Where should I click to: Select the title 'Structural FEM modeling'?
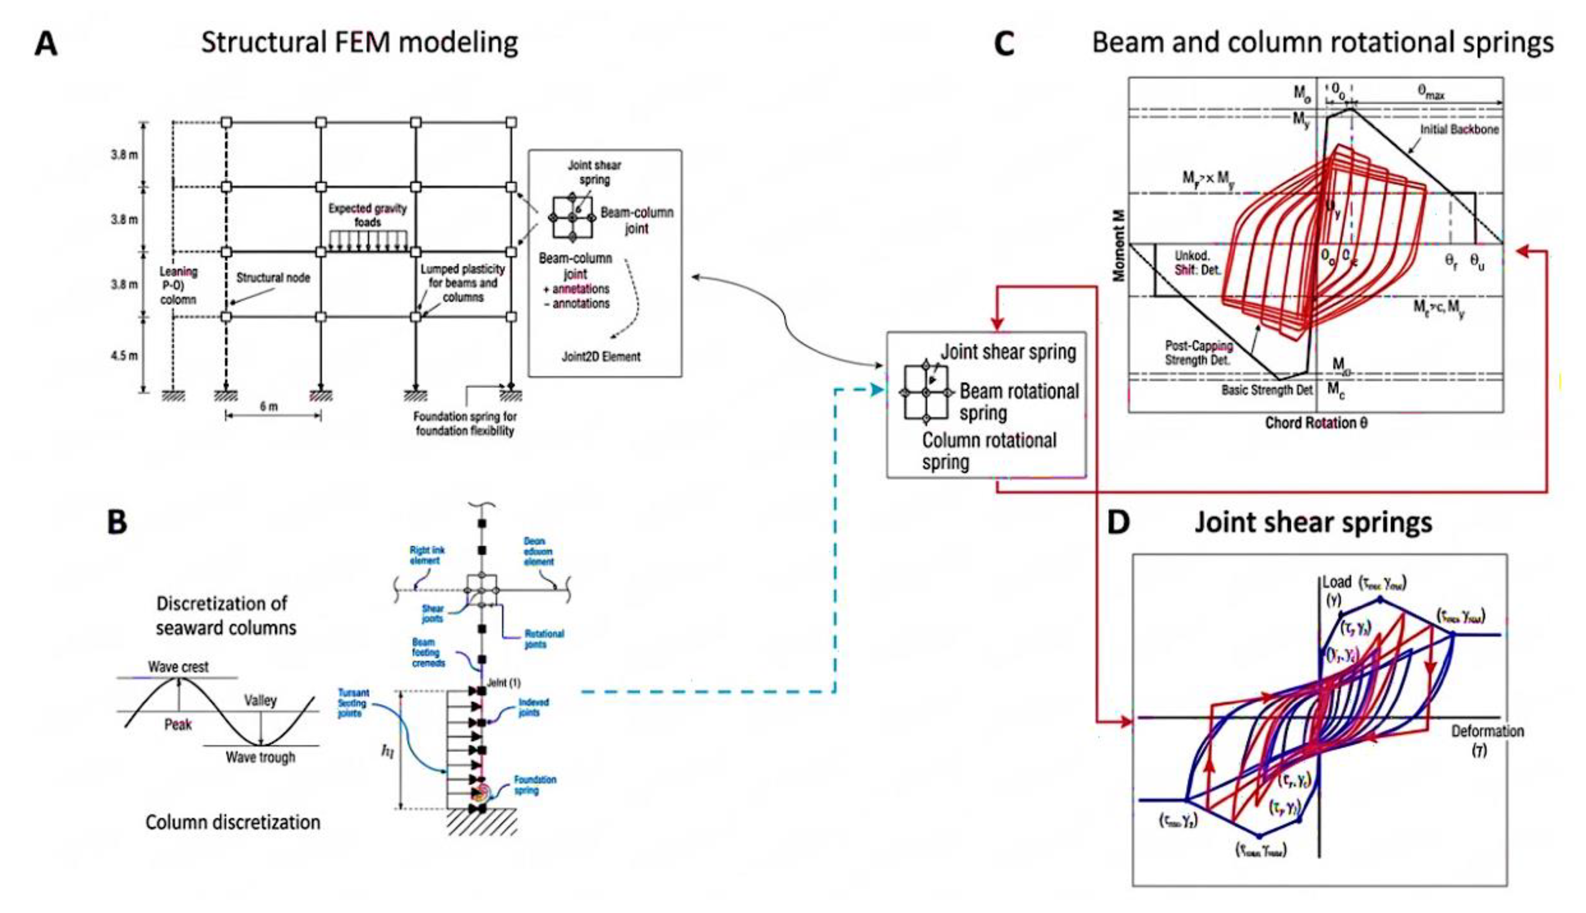point(359,42)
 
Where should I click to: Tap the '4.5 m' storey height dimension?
point(124,356)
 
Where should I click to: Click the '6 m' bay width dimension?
point(269,406)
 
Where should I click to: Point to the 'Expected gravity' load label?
point(367,209)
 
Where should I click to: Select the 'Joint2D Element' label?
point(600,356)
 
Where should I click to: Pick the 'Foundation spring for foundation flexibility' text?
point(465,423)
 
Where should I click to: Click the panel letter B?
point(117,522)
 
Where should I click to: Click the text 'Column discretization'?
point(233,822)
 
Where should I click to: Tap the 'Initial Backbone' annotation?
point(1459,129)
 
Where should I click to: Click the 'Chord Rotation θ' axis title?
point(1315,423)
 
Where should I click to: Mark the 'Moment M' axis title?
point(1119,254)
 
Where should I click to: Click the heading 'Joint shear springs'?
point(1313,522)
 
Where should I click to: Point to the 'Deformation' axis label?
point(1487,731)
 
